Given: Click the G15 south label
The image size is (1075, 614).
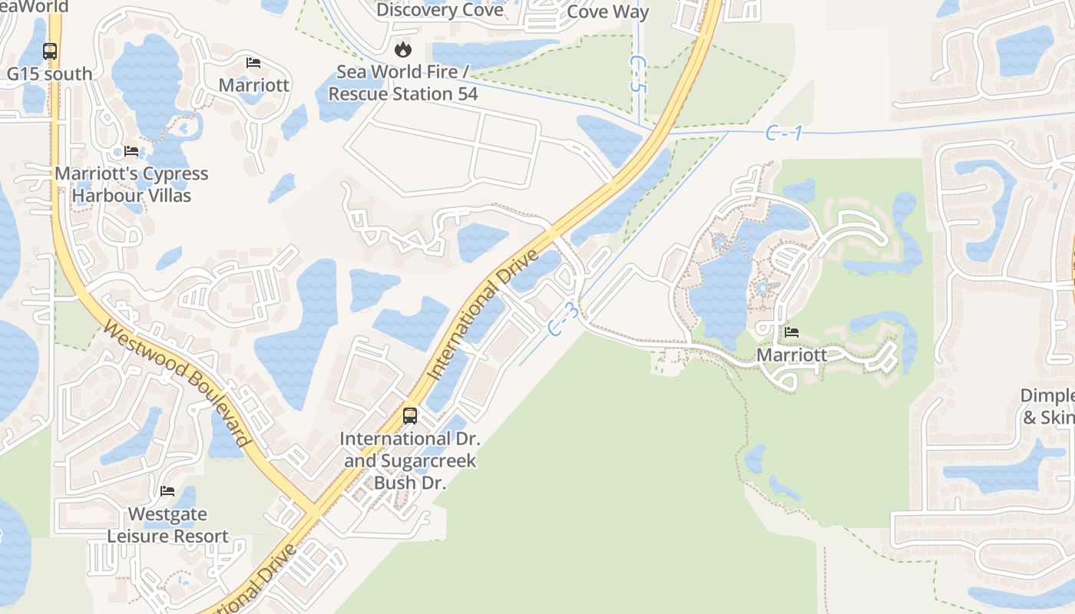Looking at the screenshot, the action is (x=49, y=74).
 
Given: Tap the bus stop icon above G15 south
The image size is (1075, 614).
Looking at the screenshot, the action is (x=50, y=51).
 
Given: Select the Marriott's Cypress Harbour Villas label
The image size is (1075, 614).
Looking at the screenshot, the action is (x=131, y=184).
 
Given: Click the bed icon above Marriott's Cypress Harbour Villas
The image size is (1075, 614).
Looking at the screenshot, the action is (x=131, y=151).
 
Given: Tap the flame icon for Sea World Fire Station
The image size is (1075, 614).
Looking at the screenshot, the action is (x=402, y=50).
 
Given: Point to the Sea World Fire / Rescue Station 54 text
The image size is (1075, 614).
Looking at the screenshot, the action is (x=403, y=83).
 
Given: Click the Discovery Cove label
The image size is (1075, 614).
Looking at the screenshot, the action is (x=440, y=10).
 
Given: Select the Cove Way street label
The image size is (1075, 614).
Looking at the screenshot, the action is (x=608, y=12).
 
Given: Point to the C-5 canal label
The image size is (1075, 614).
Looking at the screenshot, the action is (x=637, y=73).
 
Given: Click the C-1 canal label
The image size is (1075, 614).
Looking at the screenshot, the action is (x=784, y=134).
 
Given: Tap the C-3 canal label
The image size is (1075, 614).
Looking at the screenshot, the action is (x=564, y=319).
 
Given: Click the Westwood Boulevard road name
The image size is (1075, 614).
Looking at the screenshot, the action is (x=177, y=384).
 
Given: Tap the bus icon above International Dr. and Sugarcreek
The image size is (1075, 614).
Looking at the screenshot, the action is (x=410, y=416).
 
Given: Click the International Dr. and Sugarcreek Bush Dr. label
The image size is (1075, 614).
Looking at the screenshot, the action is (x=410, y=460).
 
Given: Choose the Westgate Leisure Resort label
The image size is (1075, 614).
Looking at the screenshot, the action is (x=167, y=525).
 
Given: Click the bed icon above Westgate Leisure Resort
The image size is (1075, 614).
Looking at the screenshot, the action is (x=167, y=491).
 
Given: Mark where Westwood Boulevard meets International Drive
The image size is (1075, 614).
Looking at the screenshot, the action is (x=313, y=510).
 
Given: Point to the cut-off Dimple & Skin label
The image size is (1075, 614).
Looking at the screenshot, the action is (x=1047, y=407).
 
